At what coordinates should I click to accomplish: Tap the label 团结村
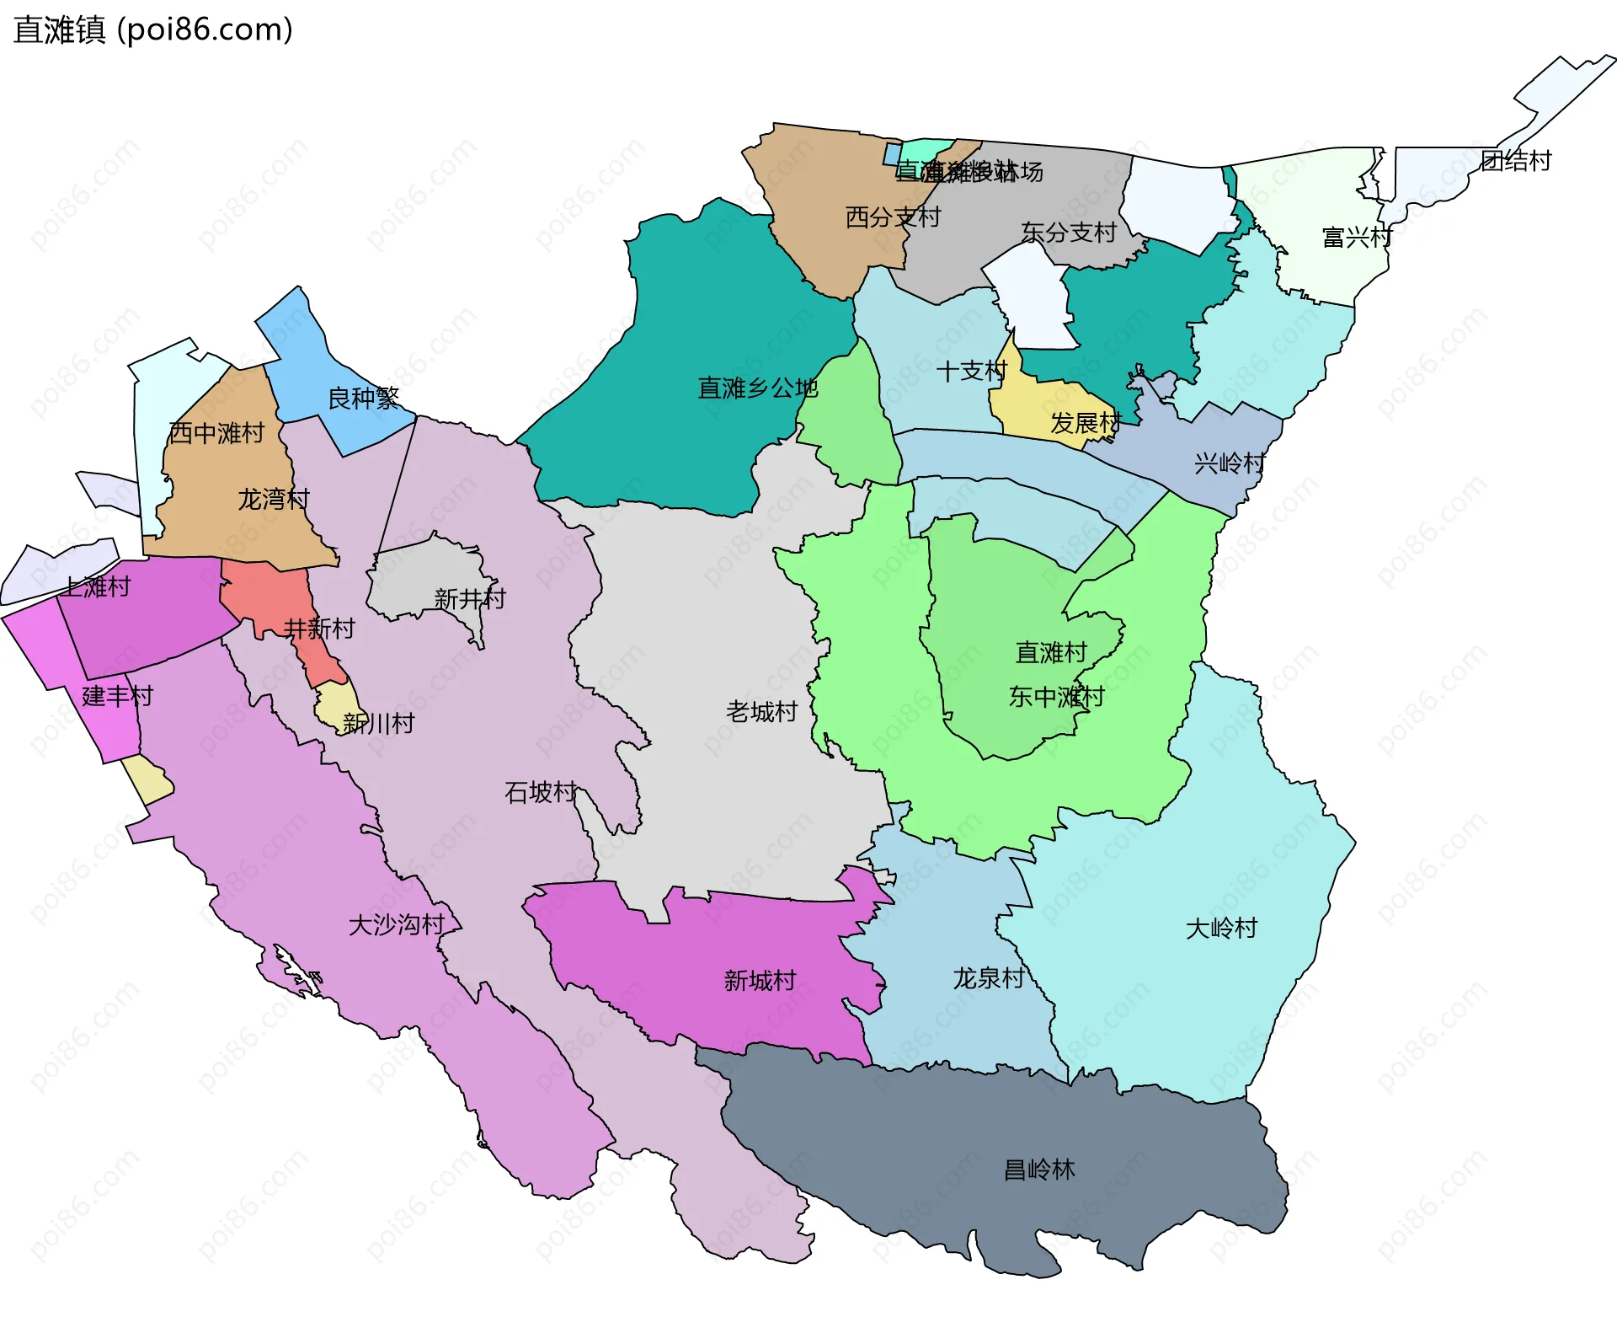click(x=1516, y=161)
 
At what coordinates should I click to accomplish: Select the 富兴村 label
click(x=1357, y=238)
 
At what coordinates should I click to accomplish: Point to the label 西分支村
click(x=893, y=217)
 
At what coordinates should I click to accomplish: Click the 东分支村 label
click(x=1069, y=233)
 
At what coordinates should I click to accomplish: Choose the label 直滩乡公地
click(x=758, y=388)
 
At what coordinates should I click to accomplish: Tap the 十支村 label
click(x=971, y=371)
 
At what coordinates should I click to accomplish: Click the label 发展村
click(x=1086, y=423)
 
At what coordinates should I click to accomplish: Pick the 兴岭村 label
click(x=1230, y=463)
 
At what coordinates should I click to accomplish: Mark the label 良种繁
click(x=363, y=398)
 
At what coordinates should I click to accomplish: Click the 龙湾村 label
click(x=274, y=500)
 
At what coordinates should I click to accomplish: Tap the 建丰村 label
click(x=118, y=696)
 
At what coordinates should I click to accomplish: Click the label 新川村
click(x=378, y=723)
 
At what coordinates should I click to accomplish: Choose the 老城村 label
click(x=761, y=712)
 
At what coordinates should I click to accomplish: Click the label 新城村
click(x=760, y=981)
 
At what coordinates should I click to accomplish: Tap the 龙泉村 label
click(x=989, y=978)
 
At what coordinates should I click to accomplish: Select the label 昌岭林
click(x=1039, y=1170)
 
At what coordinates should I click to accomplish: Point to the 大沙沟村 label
click(x=397, y=925)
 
